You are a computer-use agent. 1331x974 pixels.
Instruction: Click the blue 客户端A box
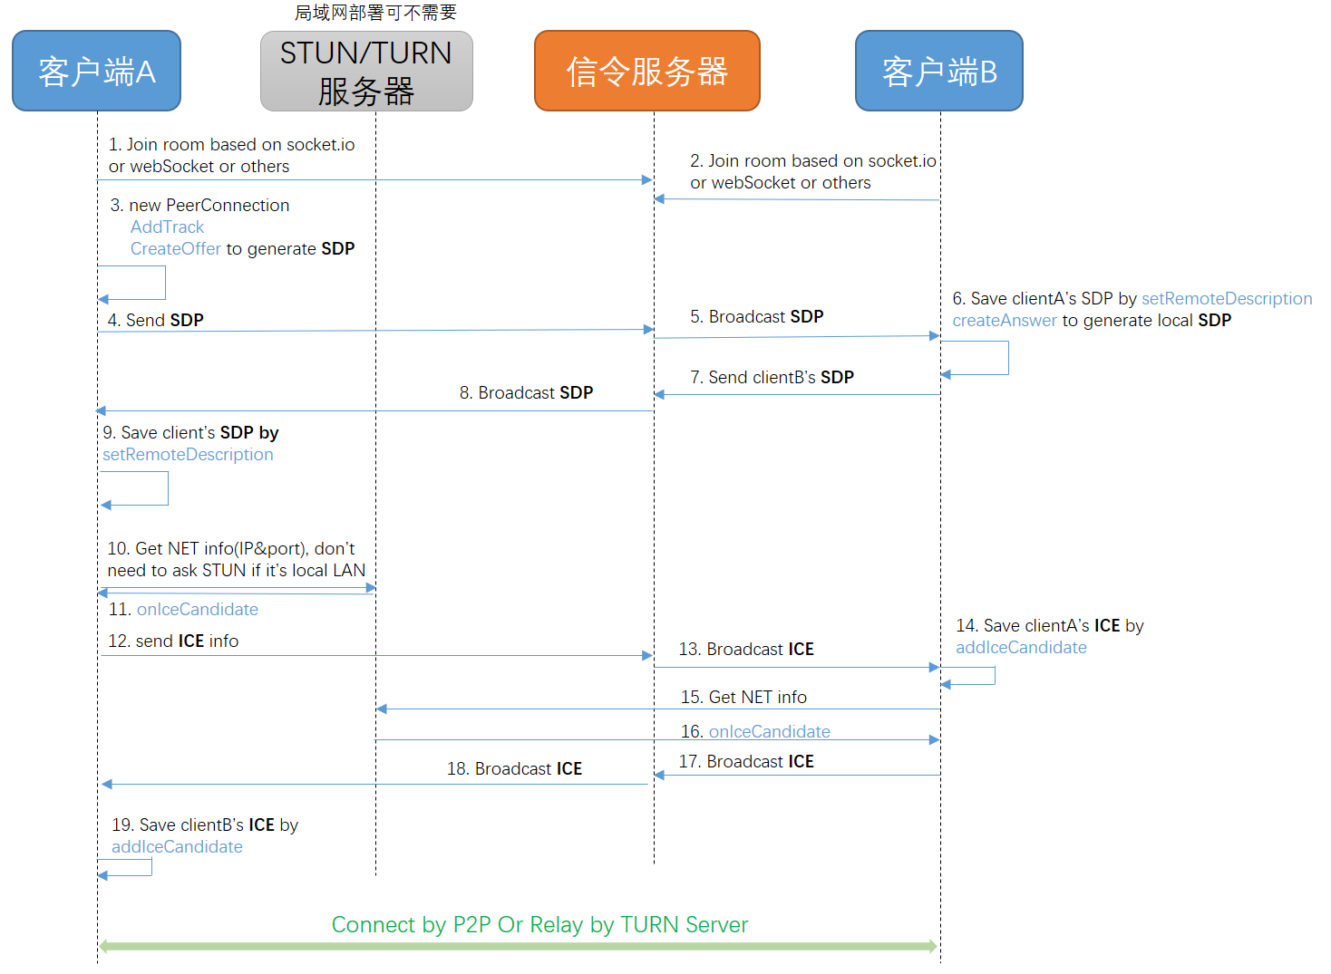[x=96, y=71]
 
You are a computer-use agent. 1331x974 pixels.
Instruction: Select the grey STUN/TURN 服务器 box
[x=366, y=72]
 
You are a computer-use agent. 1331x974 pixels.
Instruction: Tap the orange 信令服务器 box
[x=646, y=71]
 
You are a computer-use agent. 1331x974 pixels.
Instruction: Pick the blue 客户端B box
[x=939, y=71]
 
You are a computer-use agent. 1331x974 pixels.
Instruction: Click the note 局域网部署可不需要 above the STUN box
[x=375, y=13]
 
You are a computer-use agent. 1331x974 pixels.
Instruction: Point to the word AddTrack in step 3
[x=167, y=227]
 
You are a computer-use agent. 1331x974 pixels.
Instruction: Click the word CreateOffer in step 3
[x=176, y=249]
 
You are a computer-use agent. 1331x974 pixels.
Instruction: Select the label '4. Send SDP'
[x=155, y=320]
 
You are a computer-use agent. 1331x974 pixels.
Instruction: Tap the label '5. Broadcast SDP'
[x=756, y=316]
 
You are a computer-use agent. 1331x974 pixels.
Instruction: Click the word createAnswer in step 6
[x=1004, y=321]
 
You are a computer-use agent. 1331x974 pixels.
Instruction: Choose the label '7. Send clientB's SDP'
[x=772, y=377]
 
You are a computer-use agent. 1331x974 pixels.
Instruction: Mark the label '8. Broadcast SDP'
[x=526, y=392]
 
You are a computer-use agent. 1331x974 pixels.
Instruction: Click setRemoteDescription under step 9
[x=188, y=455]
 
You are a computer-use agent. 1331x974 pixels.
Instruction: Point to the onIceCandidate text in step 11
[x=197, y=610]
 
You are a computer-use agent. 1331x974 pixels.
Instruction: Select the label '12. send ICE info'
[x=173, y=641]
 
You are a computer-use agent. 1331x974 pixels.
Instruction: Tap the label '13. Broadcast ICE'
[x=746, y=649]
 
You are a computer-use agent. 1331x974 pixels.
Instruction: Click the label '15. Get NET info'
[x=743, y=697]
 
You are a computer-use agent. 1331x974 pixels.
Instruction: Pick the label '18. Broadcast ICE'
[x=514, y=768]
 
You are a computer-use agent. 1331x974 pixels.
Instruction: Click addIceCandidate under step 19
[x=177, y=847]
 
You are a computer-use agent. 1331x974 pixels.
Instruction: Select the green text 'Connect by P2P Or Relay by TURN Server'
[x=539, y=924]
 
